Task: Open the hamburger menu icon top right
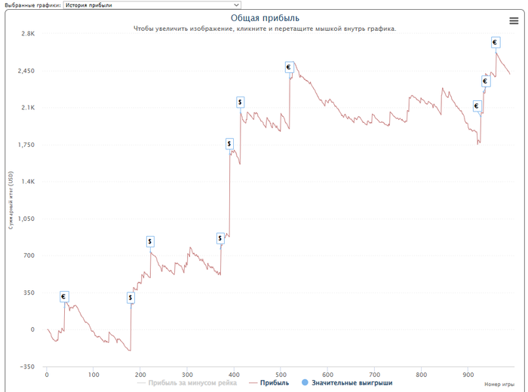point(514,21)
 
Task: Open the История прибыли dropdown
point(152,5)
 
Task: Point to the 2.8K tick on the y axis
point(27,34)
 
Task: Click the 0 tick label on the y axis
point(32,330)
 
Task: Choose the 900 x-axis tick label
point(468,374)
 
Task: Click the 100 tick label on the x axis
point(94,374)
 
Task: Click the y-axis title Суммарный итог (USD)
point(11,200)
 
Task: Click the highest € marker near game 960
point(495,42)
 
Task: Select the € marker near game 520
point(289,67)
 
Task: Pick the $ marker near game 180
point(130,298)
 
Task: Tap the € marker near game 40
point(64,297)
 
